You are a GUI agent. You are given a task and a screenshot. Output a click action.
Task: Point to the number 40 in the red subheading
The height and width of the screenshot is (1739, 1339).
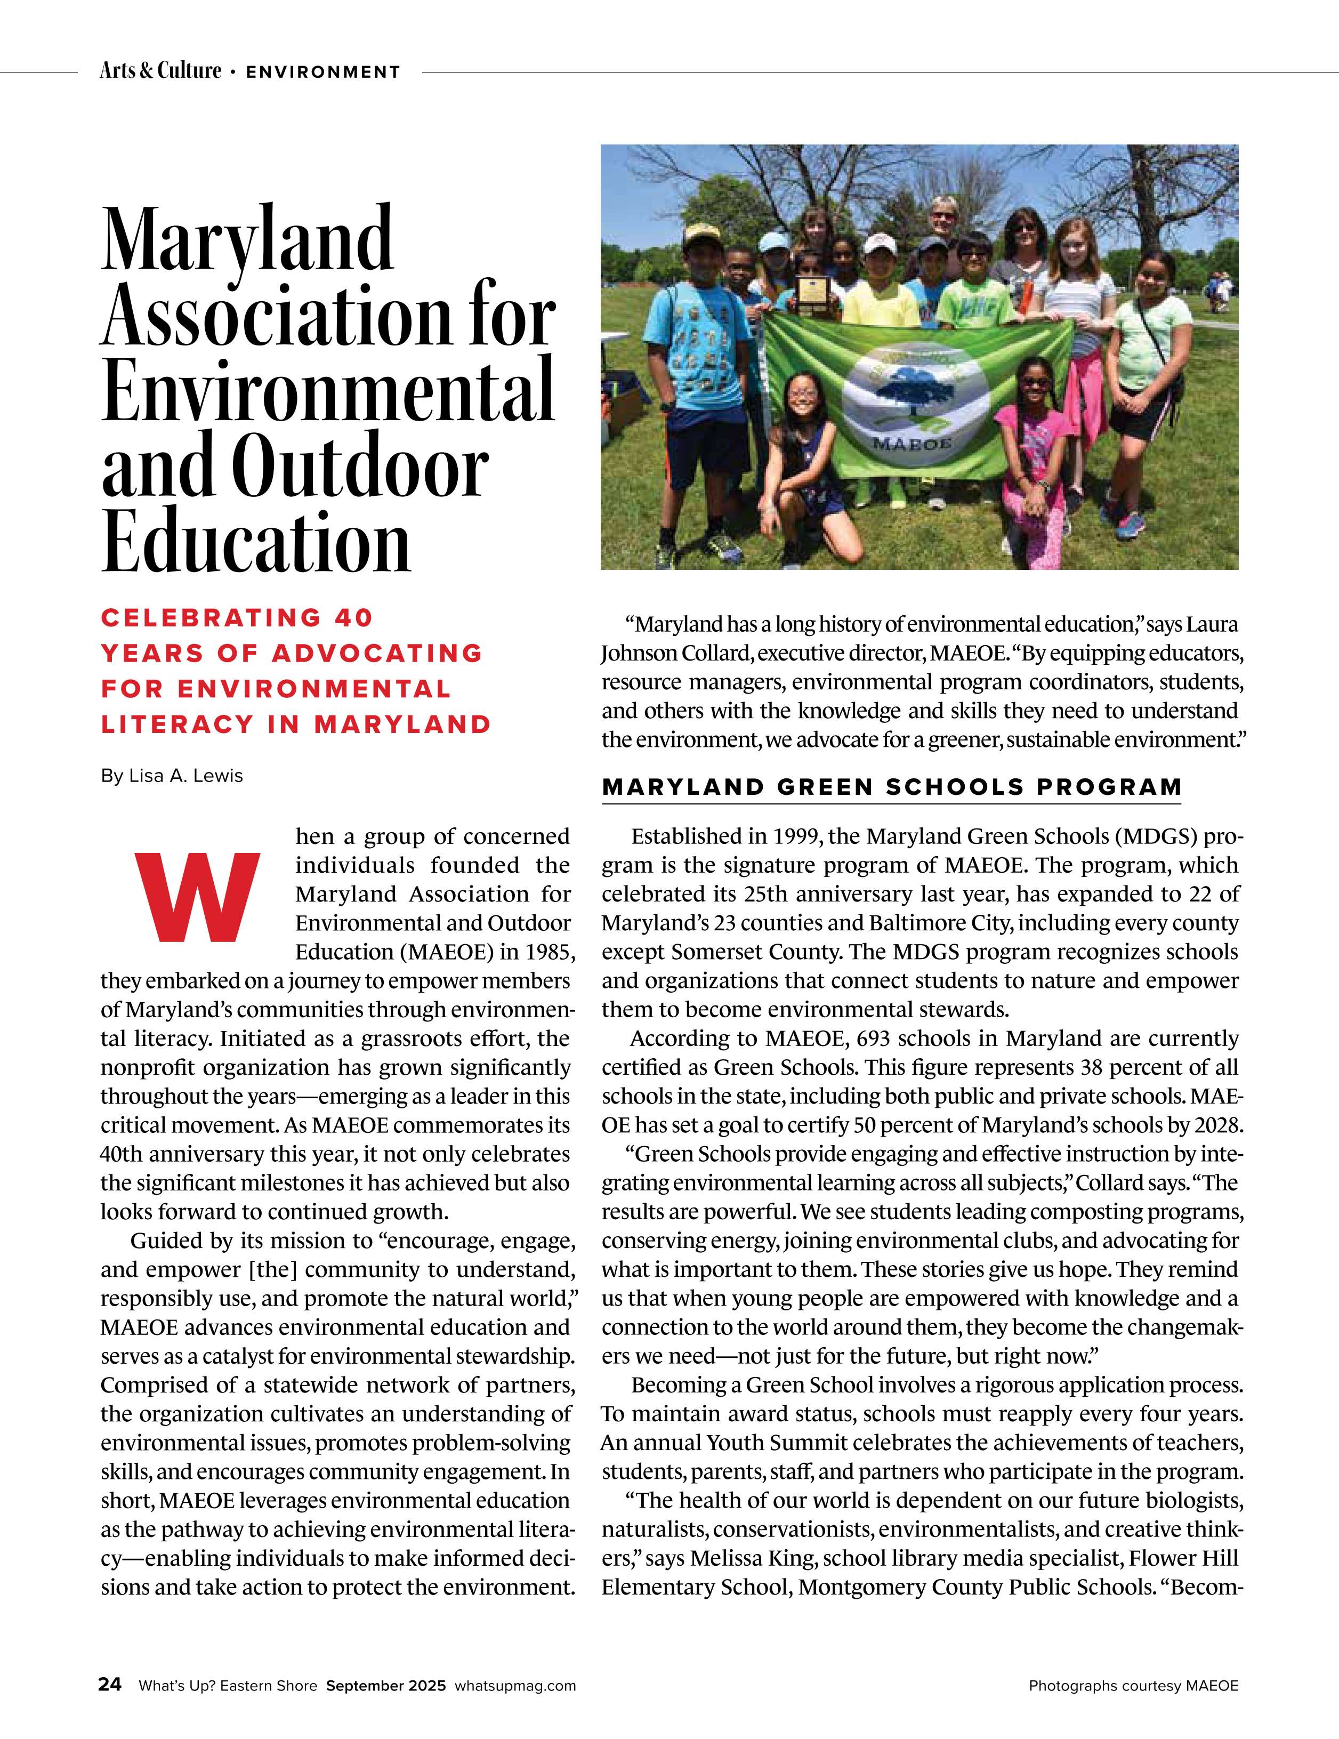click(x=353, y=618)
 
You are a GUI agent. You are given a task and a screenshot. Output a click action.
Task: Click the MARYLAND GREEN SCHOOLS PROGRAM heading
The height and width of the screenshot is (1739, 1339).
click(x=892, y=787)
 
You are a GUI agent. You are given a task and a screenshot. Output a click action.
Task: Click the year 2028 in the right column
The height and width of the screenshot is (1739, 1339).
click(x=1217, y=1125)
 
